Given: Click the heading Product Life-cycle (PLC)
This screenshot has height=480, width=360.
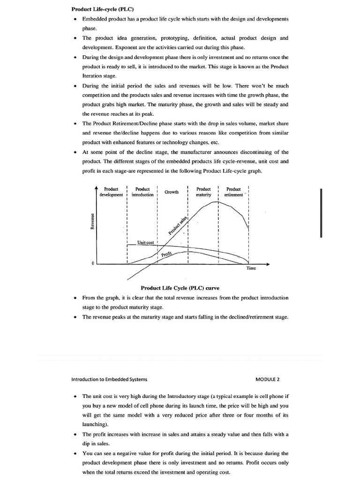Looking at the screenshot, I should [x=102, y=9].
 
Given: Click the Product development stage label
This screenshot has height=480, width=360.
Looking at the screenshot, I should [x=111, y=192].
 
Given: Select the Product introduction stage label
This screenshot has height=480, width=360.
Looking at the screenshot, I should [x=142, y=192].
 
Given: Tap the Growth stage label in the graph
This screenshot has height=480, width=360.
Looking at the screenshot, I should [x=171, y=192].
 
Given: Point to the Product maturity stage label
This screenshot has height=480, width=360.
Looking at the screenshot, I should [x=203, y=192].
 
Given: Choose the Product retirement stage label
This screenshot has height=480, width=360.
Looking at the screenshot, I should [x=233, y=192].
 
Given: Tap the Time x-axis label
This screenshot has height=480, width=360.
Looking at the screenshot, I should [x=251, y=269].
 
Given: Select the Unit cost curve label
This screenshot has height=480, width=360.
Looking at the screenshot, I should [x=145, y=242].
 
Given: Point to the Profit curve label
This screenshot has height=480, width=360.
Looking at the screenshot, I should [x=166, y=254].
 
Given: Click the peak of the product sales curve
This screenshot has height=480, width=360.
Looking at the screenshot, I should [x=215, y=202].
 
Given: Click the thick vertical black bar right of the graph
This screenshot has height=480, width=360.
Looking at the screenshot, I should [x=321, y=213].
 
